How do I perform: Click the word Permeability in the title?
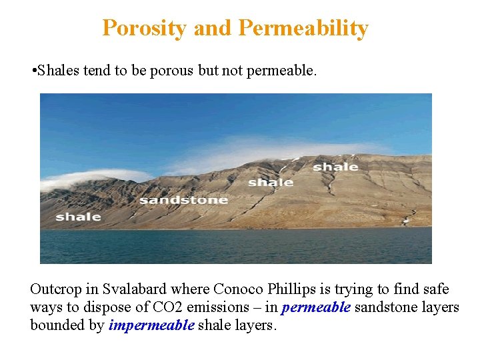coord(303,28)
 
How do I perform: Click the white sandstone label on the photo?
coord(183,200)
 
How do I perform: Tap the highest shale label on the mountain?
coord(335,167)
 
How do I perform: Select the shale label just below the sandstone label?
coord(79,217)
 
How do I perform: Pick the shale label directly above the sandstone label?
coord(271,182)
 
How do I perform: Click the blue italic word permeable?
coord(315,307)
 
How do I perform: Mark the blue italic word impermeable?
coord(151,325)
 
